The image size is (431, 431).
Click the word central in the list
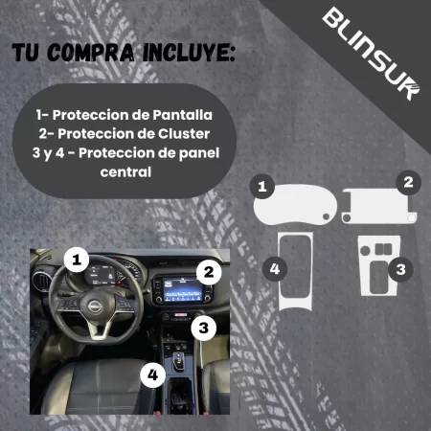(126, 172)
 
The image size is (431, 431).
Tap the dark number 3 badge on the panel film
(401, 269)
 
